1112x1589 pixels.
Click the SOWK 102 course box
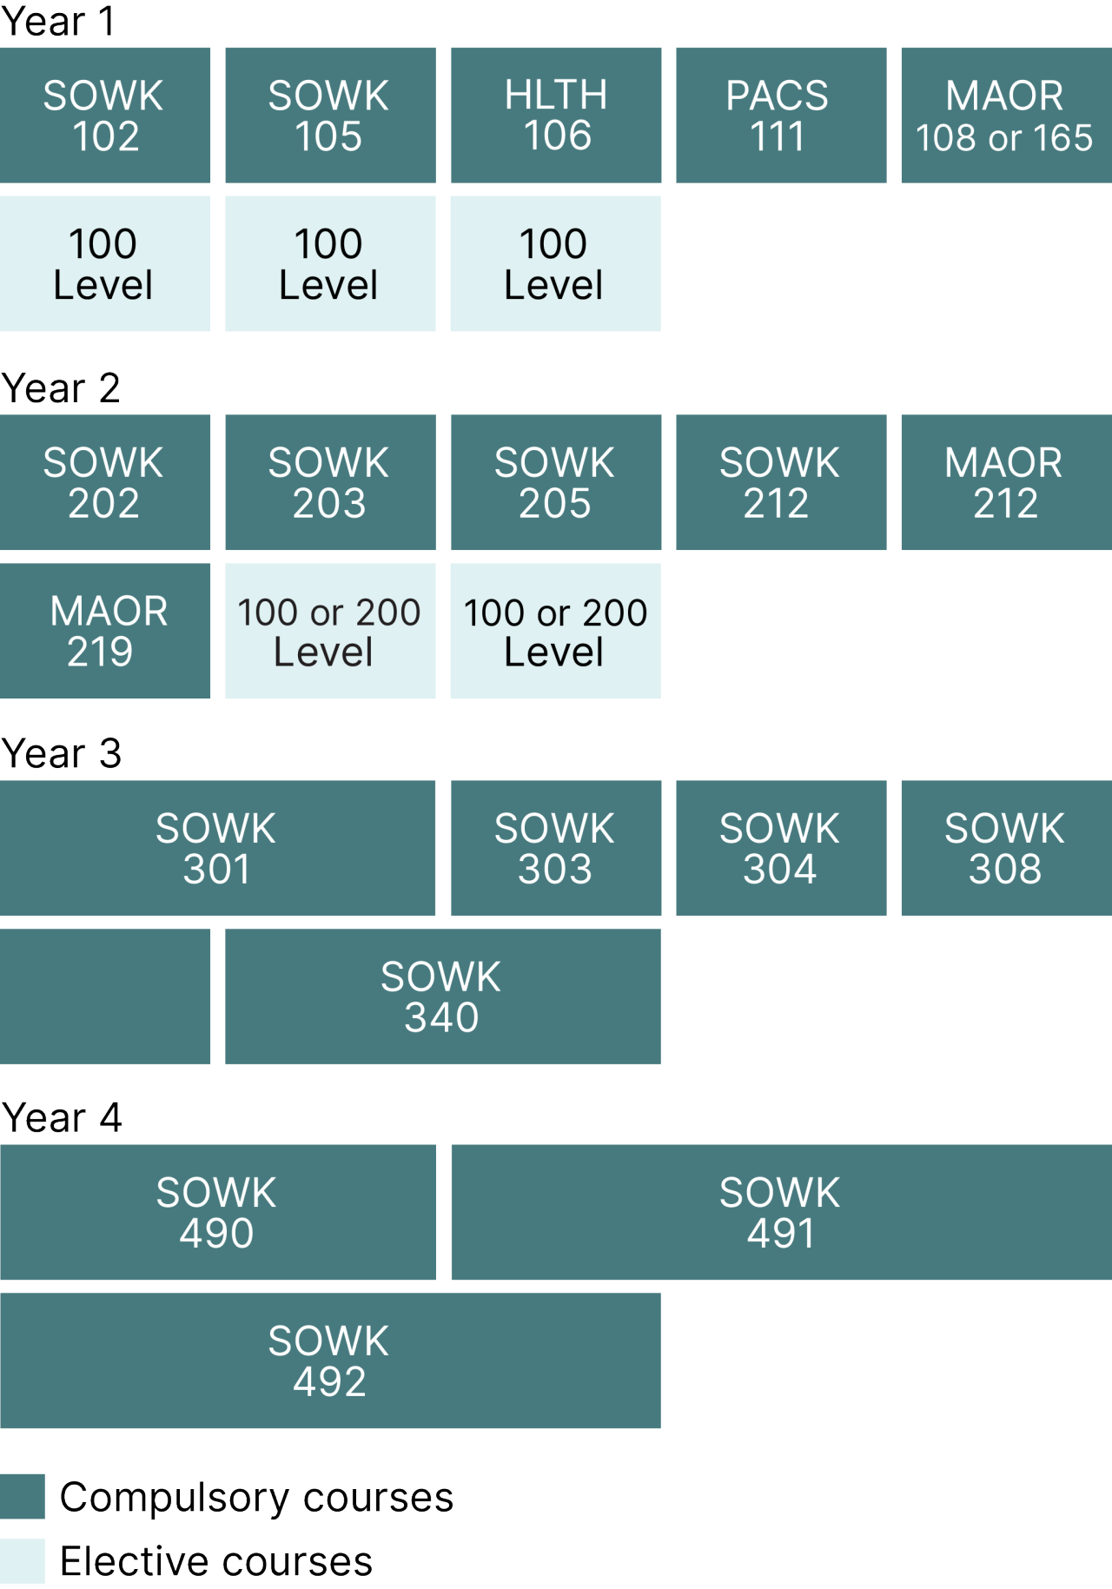[x=104, y=115]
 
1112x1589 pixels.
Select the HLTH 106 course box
[x=555, y=115]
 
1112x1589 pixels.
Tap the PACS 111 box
[x=780, y=115]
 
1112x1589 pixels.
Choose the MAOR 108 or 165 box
[x=1006, y=115]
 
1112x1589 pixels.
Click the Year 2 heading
[x=61, y=387]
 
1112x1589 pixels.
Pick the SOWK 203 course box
[x=330, y=482]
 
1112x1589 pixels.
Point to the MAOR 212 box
[x=1006, y=482]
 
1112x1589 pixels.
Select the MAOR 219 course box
[x=104, y=631]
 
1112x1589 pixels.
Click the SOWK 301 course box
[x=217, y=848]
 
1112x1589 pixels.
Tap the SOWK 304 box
[x=780, y=848]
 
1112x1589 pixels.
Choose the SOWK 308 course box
[x=1006, y=848]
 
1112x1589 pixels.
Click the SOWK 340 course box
[x=442, y=996]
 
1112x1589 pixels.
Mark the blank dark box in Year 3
[x=104, y=996]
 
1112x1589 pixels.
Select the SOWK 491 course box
[x=780, y=1212]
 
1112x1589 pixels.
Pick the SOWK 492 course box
[x=330, y=1361]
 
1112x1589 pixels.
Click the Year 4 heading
[x=61, y=1117]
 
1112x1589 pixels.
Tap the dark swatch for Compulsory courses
[x=22, y=1496]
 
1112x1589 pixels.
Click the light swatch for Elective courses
[x=22, y=1561]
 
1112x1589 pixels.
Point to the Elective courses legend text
[x=215, y=1561]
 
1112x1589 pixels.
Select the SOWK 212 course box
[x=780, y=482]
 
